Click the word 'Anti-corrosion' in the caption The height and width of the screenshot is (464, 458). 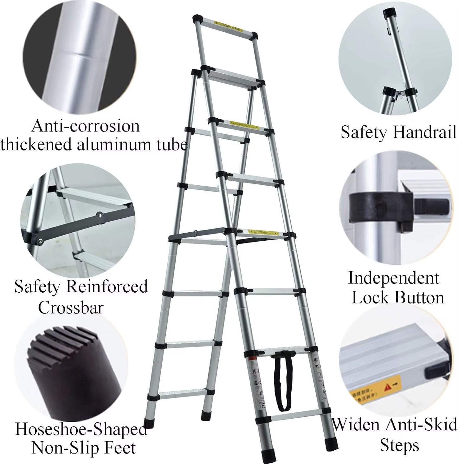86,126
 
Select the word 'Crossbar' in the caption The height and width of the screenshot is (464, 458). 71,308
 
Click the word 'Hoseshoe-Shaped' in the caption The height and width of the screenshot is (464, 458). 81,429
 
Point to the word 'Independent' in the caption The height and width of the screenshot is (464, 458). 394,278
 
